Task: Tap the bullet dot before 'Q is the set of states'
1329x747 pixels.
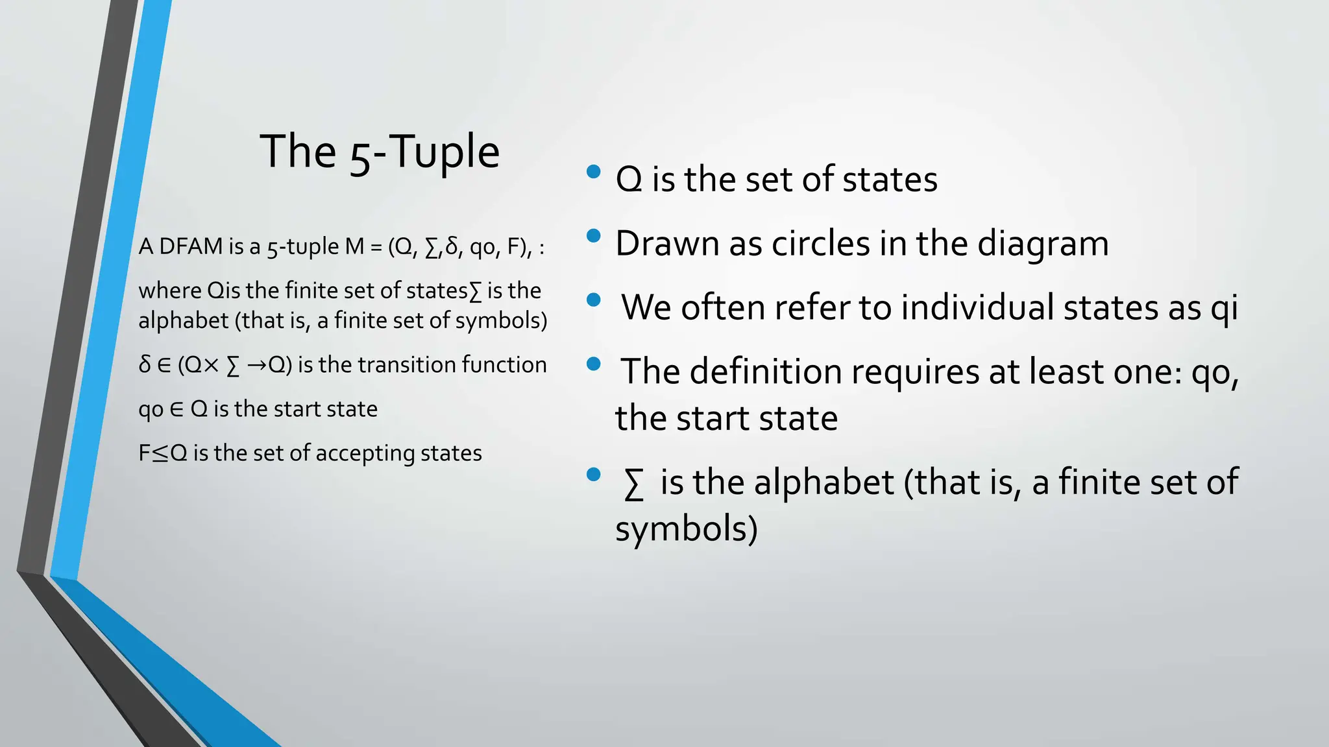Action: coord(593,172)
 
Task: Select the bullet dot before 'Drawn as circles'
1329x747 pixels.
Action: coord(593,236)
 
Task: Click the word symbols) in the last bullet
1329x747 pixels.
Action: coord(686,529)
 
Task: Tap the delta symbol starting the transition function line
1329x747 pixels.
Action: coord(145,365)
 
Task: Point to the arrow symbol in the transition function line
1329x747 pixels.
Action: coord(257,366)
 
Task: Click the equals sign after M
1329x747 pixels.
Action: coord(376,248)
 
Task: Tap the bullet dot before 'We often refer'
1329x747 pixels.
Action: coord(593,300)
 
